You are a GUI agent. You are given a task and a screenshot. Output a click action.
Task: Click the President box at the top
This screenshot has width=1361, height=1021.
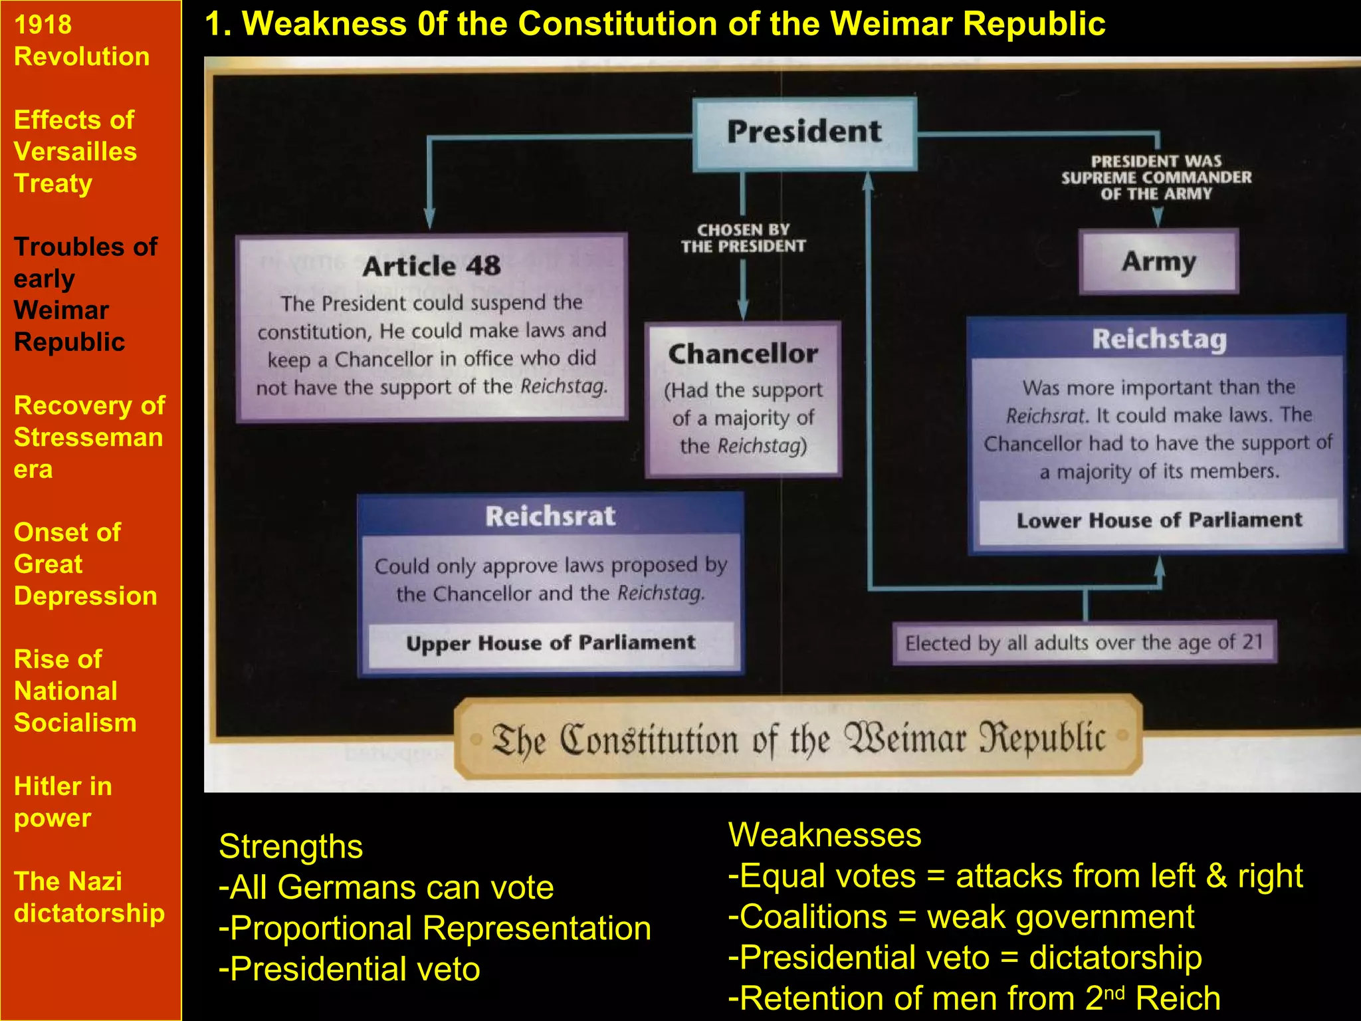click(804, 133)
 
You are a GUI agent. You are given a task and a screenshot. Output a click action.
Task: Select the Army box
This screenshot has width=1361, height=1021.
click(1158, 261)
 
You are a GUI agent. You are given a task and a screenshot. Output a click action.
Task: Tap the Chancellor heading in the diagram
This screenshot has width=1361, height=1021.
click(743, 354)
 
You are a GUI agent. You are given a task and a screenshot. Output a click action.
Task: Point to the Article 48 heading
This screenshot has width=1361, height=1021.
click(431, 267)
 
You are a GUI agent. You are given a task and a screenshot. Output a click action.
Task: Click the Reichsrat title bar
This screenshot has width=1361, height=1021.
click(550, 516)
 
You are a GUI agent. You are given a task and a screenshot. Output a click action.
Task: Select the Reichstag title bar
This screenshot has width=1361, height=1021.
click(1158, 339)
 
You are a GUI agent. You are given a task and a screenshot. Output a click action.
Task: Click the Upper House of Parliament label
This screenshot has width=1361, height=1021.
click(550, 643)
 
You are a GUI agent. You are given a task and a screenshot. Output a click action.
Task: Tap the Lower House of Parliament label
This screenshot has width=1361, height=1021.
click(1158, 520)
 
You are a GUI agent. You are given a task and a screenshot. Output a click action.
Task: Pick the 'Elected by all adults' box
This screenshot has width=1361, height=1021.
click(1084, 643)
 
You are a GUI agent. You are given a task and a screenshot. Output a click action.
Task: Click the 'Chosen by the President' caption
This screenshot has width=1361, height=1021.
click(743, 238)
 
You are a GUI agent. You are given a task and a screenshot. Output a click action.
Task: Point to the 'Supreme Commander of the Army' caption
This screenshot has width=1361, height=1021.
click(1156, 177)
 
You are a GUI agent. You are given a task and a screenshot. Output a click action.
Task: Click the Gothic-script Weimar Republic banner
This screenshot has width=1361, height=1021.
click(798, 738)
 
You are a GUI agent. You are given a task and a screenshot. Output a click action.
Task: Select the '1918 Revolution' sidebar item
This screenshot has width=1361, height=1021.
click(82, 41)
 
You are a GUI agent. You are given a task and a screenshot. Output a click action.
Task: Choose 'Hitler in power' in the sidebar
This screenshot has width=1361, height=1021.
click(63, 802)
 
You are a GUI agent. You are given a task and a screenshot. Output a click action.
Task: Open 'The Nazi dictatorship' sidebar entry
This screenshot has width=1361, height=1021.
click(89, 897)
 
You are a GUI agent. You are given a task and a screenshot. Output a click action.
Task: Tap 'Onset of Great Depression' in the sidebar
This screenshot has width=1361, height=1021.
click(85, 564)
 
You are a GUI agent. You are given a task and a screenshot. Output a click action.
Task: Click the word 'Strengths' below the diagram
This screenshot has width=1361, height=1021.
click(290, 847)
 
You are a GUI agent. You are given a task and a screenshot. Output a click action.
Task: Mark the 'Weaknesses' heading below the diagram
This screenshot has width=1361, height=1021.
click(825, 835)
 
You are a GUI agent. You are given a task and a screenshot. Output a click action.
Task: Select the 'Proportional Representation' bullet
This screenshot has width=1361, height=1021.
click(435, 928)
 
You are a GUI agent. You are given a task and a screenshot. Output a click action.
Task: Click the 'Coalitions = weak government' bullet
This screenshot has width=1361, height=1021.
click(961, 917)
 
